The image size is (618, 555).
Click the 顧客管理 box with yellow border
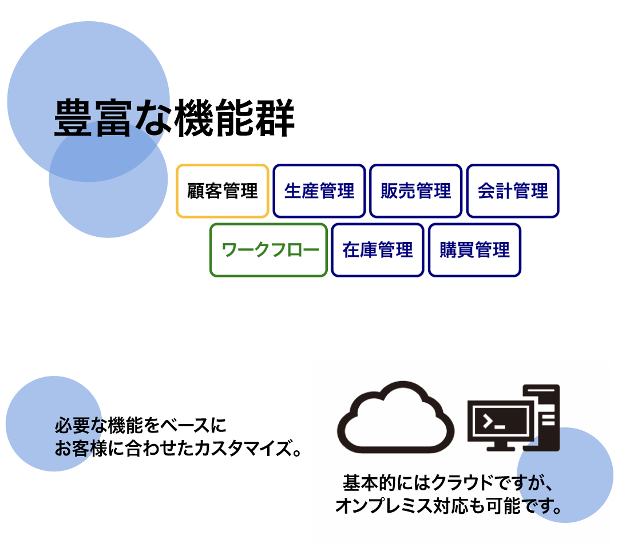[x=222, y=191]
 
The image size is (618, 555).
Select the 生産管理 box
[x=319, y=191]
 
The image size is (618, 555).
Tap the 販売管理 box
[x=416, y=191]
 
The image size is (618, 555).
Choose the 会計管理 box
[x=513, y=191]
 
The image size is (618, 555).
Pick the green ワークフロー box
[x=268, y=250]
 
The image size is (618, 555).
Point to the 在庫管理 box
[x=378, y=250]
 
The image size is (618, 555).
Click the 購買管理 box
[x=474, y=250]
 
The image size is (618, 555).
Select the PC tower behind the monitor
[x=548, y=418]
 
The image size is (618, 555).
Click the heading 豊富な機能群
[x=174, y=118]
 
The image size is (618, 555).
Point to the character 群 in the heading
[x=275, y=118]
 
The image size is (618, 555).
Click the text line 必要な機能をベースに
[x=141, y=425]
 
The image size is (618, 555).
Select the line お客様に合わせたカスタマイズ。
[x=178, y=448]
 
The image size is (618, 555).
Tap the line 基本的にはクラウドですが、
[x=448, y=482]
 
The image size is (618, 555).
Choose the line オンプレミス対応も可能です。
[x=449, y=506]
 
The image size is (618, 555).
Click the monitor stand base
[x=501, y=449]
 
